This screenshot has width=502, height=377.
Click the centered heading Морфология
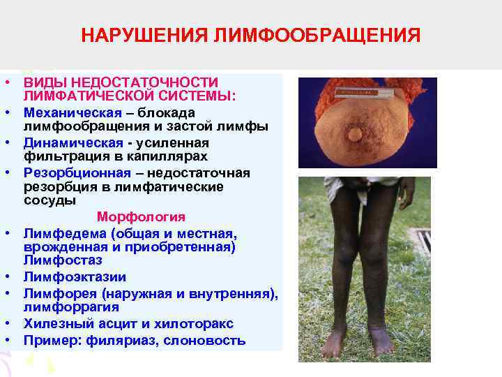click(x=141, y=216)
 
